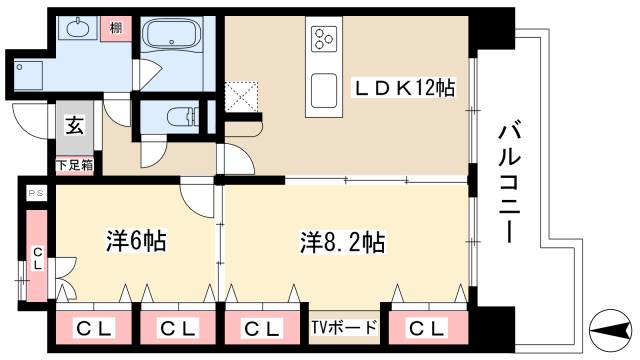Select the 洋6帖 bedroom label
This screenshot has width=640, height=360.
point(136,241)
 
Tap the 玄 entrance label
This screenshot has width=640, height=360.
point(75,126)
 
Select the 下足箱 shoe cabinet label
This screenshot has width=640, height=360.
point(75,165)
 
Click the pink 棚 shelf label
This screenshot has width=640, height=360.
point(117,28)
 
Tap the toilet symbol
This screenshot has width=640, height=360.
point(179,117)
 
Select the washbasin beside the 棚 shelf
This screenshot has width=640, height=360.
point(75,30)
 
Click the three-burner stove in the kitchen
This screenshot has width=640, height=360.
point(325,40)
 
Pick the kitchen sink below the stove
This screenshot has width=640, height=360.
point(325,90)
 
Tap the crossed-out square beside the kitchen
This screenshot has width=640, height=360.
point(243,97)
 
